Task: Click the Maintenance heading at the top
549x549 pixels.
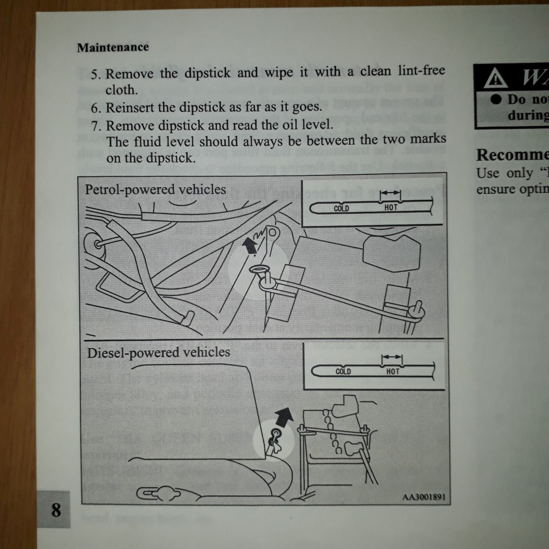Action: (113, 47)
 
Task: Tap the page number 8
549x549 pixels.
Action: (56, 509)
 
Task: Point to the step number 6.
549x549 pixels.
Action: (96, 108)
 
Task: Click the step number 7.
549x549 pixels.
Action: (96, 125)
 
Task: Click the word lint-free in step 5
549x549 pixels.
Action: (420, 72)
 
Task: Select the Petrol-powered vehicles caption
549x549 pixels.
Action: (156, 190)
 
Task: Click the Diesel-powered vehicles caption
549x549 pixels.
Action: (159, 353)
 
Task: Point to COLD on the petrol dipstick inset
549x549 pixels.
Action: (341, 208)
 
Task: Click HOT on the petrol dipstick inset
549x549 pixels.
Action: (391, 207)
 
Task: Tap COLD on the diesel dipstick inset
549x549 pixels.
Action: (344, 372)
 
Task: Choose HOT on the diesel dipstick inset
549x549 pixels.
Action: (393, 372)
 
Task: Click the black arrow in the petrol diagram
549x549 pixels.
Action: (249, 246)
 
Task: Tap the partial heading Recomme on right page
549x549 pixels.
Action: (511, 154)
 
